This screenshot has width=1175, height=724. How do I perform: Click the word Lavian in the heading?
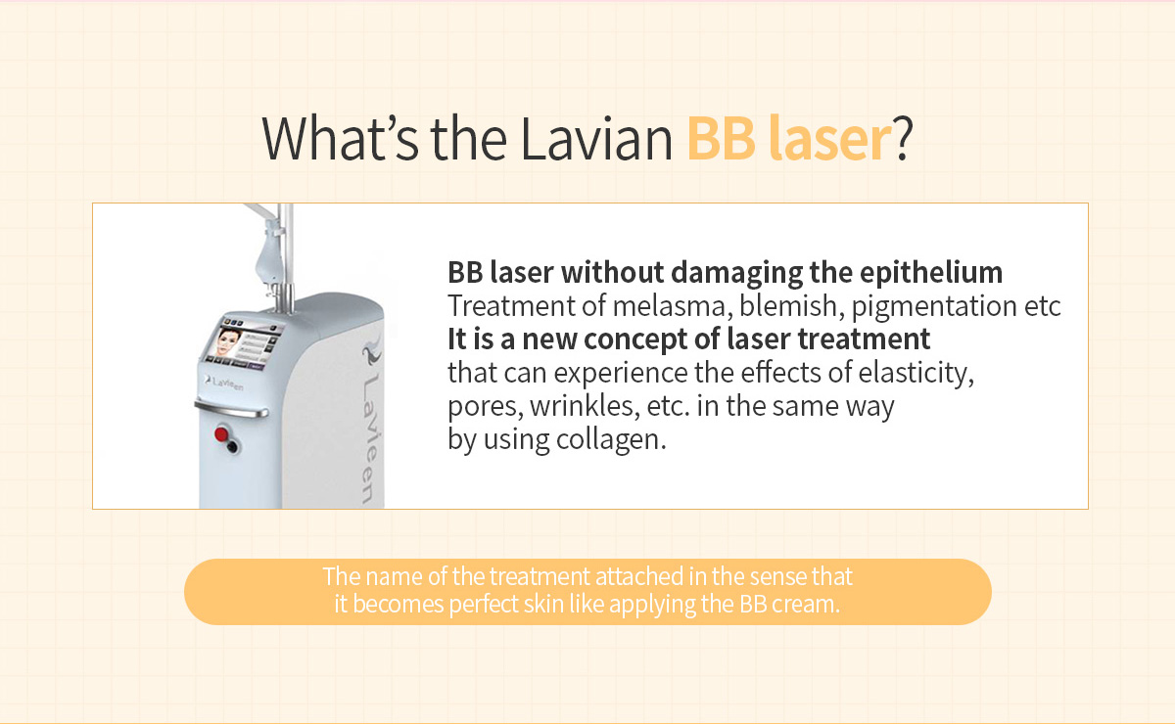596,139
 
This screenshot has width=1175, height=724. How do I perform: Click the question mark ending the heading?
903,139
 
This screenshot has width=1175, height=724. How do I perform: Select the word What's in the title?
340,139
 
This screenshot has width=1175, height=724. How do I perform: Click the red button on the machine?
221,434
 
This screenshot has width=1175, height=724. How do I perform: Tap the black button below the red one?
232,447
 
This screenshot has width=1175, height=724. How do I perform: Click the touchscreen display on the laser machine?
246,343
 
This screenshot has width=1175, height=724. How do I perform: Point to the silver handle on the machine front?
231,408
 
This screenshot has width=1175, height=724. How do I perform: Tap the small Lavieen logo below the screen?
224,383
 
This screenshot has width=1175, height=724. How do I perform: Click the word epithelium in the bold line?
931,273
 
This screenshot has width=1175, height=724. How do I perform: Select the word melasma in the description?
673,305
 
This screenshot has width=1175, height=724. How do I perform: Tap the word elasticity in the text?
916,374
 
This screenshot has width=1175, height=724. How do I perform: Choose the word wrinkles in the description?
585,407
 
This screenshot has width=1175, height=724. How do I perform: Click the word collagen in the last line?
611,440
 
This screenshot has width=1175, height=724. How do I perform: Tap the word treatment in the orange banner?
540,576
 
